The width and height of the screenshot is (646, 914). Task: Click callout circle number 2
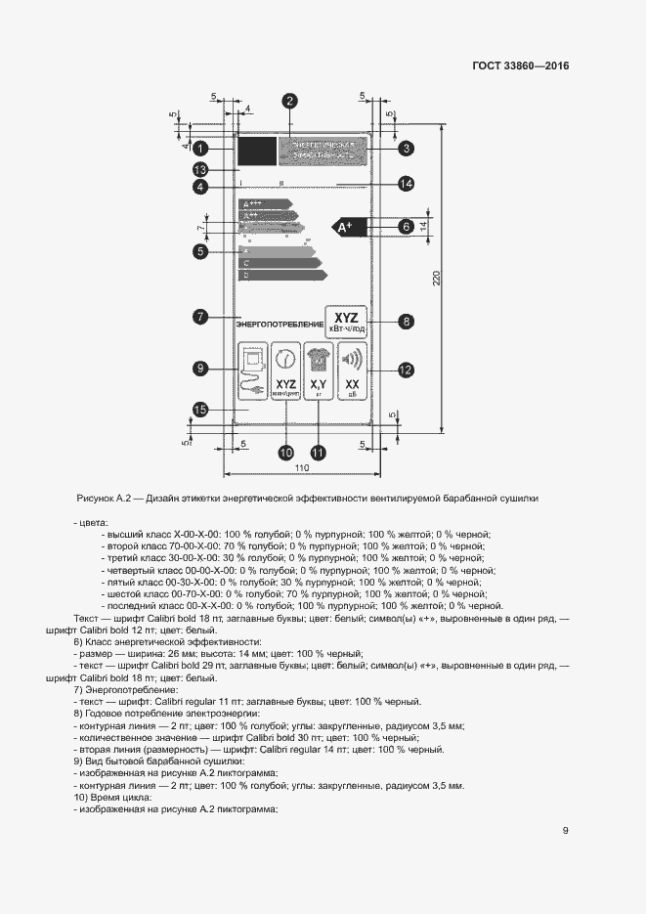(290, 100)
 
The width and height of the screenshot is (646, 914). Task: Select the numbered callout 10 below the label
(285, 453)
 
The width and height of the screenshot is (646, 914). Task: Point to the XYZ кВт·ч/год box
(346, 321)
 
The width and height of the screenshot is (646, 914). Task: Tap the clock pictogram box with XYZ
(285, 370)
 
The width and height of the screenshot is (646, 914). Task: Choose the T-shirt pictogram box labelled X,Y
(318, 370)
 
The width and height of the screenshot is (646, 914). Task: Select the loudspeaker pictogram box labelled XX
(353, 370)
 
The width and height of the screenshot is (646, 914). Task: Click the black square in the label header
(256, 151)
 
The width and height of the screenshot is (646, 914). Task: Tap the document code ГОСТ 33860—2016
(521, 66)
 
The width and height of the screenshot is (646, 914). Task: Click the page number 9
(566, 831)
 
